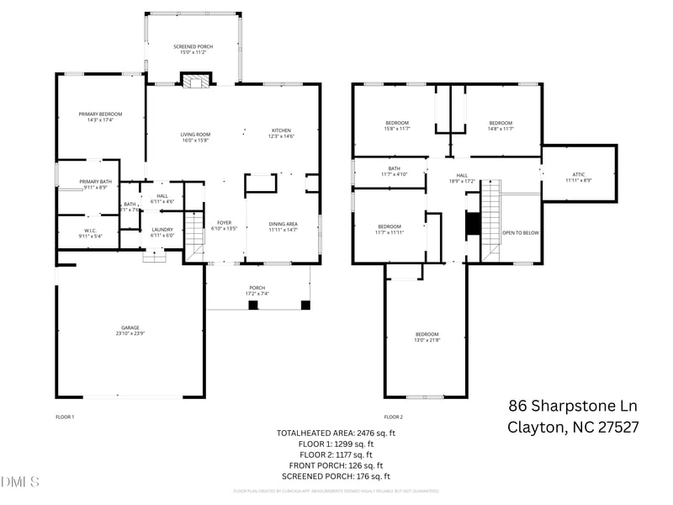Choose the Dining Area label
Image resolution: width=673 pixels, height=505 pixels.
coord(284,226)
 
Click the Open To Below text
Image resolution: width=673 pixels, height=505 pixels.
coord(520,232)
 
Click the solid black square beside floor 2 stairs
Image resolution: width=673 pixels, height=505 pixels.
coord(473,224)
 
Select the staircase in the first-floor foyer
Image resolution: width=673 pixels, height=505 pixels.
coord(194,232)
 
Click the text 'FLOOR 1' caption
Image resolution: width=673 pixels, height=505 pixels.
coord(65,417)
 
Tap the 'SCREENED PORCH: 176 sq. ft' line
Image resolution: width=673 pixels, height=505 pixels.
coord(331,476)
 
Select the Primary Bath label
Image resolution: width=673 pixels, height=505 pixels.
coord(95,184)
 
